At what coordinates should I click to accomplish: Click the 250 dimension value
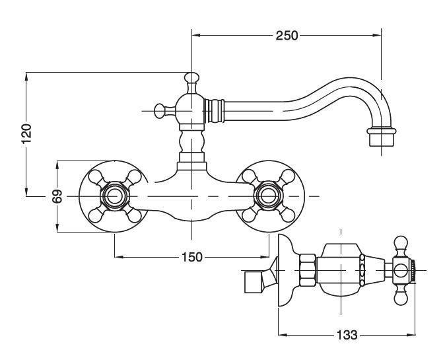pos(287,36)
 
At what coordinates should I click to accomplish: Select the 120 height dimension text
pos(26,133)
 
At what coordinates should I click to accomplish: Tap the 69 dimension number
pos(57,196)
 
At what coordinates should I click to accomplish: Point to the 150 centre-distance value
pos(192,257)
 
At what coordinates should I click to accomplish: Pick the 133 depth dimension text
pos(347,335)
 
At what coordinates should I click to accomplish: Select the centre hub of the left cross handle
pos(115,196)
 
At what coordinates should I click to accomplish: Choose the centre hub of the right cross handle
pos(268,196)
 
